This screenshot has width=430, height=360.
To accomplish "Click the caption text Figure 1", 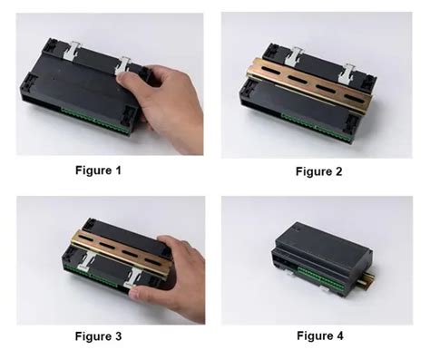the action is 98,170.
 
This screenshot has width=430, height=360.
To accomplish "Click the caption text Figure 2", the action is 319,171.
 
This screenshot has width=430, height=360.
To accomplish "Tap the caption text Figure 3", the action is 98,336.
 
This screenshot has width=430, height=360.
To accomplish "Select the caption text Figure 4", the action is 320,336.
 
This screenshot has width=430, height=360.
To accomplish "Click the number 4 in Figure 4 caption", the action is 340,336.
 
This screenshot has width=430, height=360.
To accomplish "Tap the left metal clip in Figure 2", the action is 293,56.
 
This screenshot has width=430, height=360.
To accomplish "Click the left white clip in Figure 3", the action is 87,261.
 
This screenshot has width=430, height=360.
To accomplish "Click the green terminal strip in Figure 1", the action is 95,121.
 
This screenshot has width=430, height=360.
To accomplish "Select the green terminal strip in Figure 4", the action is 319,276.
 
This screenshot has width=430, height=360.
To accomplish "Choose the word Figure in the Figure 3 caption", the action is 93,336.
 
